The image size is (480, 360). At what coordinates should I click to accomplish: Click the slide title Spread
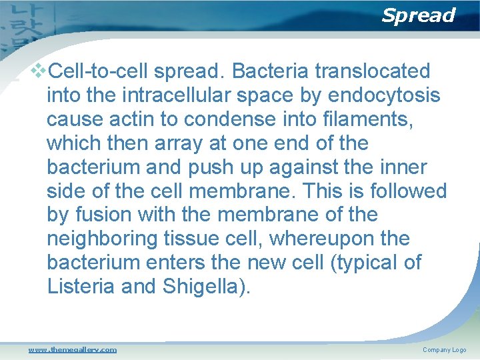tap(418, 15)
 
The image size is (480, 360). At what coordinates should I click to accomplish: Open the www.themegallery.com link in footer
tap(72, 349)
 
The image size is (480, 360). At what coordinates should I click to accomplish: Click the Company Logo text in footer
tap(444, 349)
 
